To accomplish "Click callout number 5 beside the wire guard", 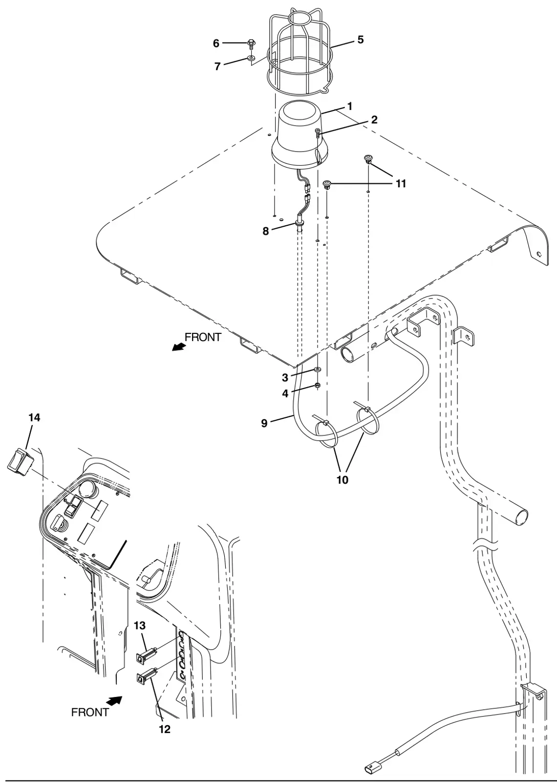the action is point(360,40).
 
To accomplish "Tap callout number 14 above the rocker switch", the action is point(34,417).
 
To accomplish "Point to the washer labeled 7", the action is point(251,58).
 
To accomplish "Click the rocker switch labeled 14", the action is point(20,462).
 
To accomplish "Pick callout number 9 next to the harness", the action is point(264,423).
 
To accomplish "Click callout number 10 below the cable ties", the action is point(343,480).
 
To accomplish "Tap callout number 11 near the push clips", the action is point(401,184).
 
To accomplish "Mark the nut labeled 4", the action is point(318,386).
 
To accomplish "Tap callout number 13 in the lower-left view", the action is point(140,625).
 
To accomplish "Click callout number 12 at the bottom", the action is point(165,729).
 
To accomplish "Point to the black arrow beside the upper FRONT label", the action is point(179,347).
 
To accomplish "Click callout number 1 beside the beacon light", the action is point(350,106).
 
